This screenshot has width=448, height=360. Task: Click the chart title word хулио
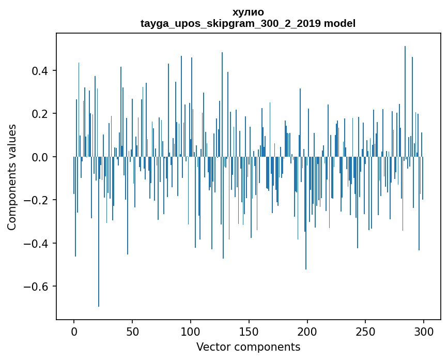point(248,12)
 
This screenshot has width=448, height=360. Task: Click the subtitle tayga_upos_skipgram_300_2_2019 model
point(248,23)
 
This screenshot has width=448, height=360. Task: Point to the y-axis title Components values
point(11,177)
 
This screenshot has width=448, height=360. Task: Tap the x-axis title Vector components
point(248,347)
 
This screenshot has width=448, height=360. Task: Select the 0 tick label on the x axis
point(74,331)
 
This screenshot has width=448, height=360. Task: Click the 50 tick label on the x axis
point(132,331)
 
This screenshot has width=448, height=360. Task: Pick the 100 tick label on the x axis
point(191,331)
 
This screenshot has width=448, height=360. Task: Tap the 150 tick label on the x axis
point(249,331)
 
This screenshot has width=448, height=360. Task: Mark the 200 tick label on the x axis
point(307,331)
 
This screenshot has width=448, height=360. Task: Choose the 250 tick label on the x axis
point(366,331)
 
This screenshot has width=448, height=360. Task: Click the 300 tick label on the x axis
point(424,331)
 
